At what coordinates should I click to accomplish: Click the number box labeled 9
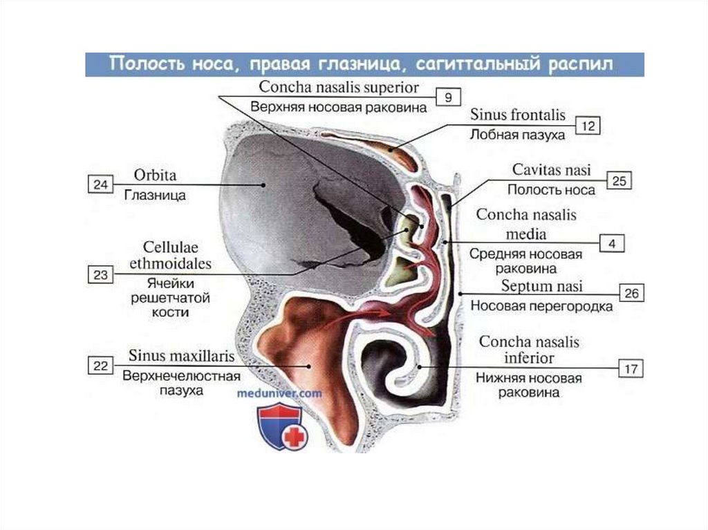[x=448, y=97]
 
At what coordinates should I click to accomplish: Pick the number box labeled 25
[x=619, y=181]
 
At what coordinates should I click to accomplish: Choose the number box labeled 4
[x=612, y=243]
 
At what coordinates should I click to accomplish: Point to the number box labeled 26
[x=631, y=293]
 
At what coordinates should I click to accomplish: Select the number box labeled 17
[x=631, y=368]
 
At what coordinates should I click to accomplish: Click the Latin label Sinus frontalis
[x=518, y=114]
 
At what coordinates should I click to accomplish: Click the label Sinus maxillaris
[x=181, y=357]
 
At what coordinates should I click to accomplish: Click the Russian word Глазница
[x=156, y=195]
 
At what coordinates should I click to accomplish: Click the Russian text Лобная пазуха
[x=516, y=135]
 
